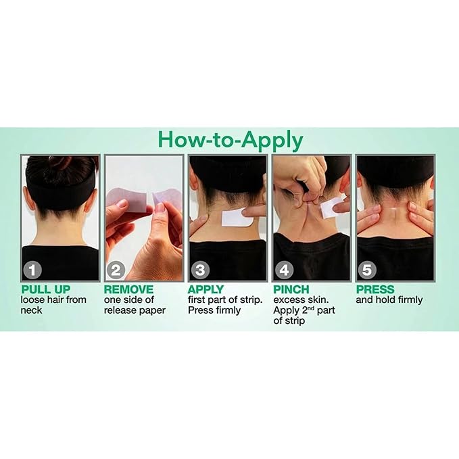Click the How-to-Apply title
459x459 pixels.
click(230, 140)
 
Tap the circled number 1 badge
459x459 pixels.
click(32, 270)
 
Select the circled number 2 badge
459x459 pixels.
click(116, 270)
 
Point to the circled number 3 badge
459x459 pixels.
click(200, 270)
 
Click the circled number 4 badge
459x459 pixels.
click(284, 270)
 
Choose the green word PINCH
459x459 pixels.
click(291, 289)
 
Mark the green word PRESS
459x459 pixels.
click(375, 289)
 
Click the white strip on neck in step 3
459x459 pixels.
click(237, 218)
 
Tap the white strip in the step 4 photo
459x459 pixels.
click(332, 206)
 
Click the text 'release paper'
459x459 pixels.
click(135, 310)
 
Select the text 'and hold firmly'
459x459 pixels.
click(389, 299)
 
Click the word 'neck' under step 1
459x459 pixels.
click(31, 310)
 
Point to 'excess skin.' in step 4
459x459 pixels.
click(300, 299)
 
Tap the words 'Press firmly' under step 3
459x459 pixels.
click(214, 310)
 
